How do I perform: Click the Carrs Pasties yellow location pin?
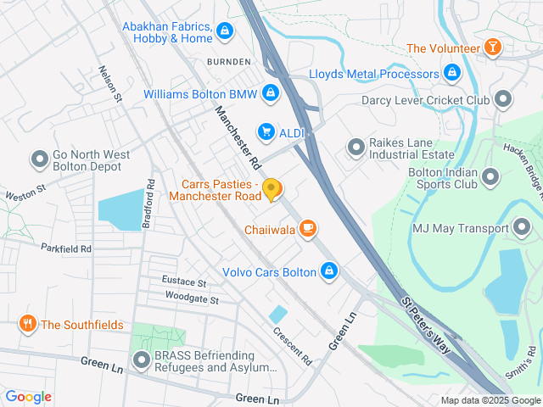coord(271,190)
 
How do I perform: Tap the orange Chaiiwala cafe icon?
coord(308,229)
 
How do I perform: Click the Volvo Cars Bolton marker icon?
coord(329,271)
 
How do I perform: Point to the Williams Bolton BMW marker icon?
coord(270,92)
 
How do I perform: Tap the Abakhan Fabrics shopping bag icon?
coord(224,32)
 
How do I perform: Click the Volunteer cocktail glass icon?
coord(491,47)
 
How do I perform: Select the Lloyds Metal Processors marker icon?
coord(452,73)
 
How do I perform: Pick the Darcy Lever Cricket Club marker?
coord(504,100)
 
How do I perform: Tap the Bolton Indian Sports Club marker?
coord(490,177)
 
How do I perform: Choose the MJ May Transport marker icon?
coord(523,226)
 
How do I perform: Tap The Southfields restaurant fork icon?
coord(28,323)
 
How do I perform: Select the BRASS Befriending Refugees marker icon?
coord(140,361)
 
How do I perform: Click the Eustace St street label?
coord(184,282)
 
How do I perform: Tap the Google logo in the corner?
coord(28,396)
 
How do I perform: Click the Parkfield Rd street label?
coord(65,248)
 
